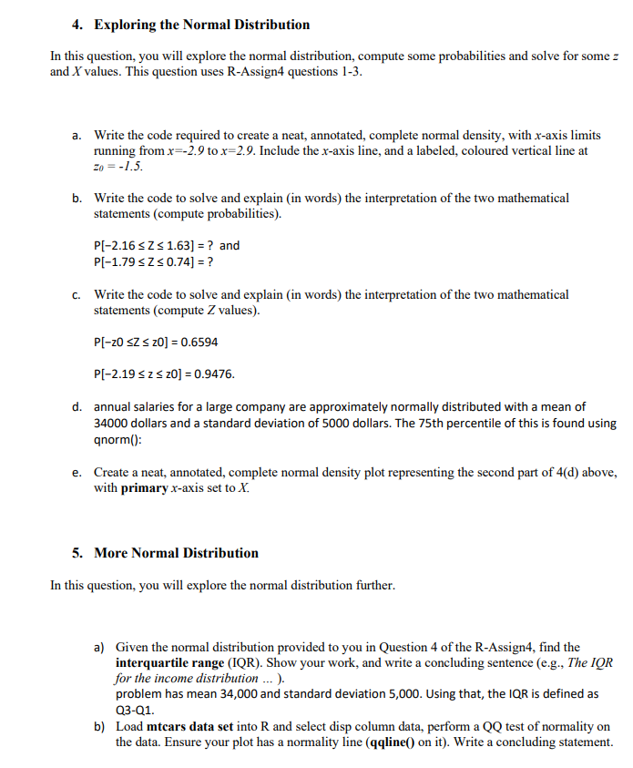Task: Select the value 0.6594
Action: (198, 343)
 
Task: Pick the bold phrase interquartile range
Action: (169, 662)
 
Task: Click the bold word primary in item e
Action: (144, 487)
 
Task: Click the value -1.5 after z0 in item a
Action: (129, 167)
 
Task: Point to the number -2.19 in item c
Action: (127, 374)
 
